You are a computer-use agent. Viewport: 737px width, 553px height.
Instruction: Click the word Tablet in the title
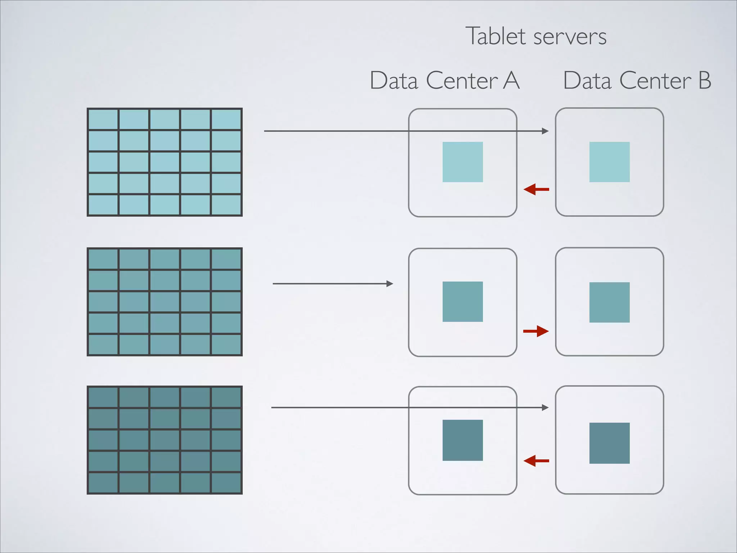coord(496,36)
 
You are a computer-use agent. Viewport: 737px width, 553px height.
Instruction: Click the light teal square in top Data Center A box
coord(462,162)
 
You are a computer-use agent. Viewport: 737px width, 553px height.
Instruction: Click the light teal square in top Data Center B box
coord(609,162)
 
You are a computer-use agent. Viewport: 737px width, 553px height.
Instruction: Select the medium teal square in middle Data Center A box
coord(462,302)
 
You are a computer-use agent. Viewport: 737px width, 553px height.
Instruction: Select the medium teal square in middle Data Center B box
coord(609,302)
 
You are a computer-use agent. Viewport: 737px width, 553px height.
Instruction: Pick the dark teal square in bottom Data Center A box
coord(462,440)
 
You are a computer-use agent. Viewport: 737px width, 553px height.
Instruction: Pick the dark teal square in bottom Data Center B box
coord(609,443)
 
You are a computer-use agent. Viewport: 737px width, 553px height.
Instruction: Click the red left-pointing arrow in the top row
coord(536,189)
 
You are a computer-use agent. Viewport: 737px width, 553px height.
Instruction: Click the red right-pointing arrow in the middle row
coord(536,331)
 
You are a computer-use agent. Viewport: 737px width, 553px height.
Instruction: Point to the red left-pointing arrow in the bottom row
coord(536,461)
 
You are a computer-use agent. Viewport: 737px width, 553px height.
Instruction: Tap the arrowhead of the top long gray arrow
coord(545,131)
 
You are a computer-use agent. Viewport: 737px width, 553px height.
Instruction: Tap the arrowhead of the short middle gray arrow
coord(390,284)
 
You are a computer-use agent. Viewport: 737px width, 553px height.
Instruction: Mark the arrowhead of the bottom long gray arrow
coord(545,408)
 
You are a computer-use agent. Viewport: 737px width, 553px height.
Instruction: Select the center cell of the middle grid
coord(164,302)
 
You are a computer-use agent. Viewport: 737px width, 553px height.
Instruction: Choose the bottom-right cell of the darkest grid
coord(226,483)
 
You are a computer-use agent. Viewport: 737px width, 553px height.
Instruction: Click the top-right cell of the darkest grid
coord(226,397)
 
